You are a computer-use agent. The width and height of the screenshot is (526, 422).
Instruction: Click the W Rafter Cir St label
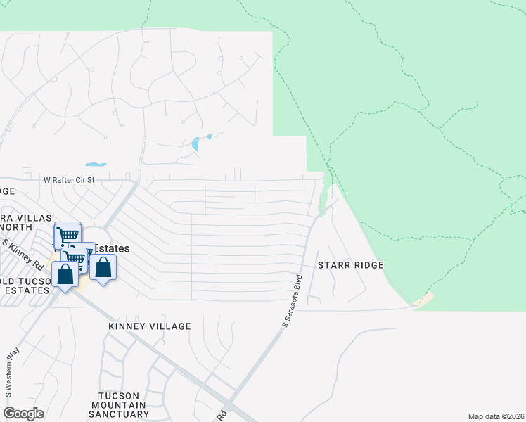(x=78, y=181)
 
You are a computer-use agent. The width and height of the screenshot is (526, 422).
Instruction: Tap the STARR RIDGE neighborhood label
(x=351, y=265)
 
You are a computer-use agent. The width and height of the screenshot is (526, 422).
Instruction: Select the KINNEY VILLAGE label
(x=150, y=326)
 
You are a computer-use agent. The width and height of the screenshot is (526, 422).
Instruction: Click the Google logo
(x=23, y=413)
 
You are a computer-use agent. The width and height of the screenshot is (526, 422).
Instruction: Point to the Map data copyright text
(x=496, y=416)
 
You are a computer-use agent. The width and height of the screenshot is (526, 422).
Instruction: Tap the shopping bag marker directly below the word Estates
(x=103, y=268)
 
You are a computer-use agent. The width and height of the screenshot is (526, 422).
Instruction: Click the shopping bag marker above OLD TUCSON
(x=65, y=274)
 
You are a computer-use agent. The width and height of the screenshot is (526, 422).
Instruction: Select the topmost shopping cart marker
(x=68, y=235)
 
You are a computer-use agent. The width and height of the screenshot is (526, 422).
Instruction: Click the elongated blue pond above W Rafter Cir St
(x=96, y=165)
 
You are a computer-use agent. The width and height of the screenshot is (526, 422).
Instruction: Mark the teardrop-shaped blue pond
(x=195, y=144)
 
